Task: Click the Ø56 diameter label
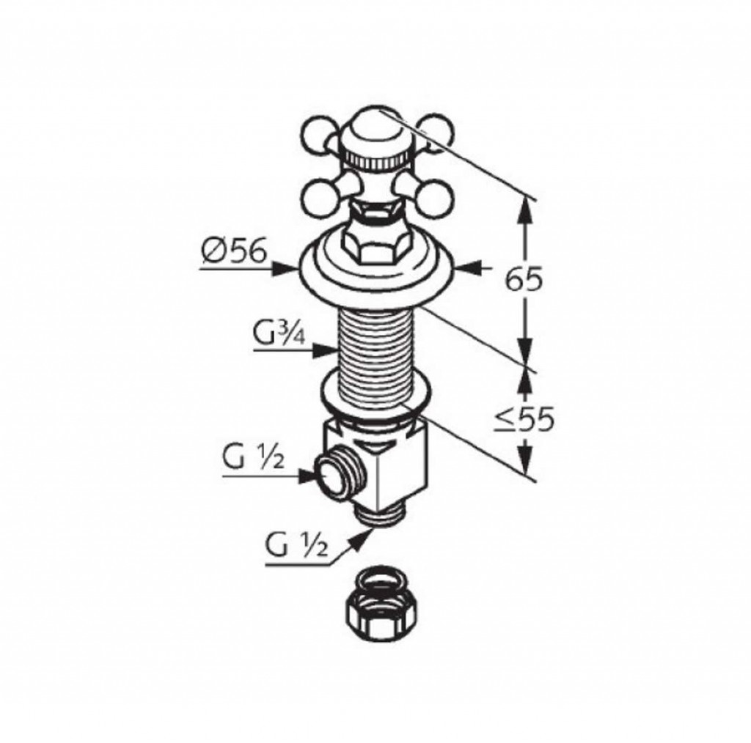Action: click(x=233, y=251)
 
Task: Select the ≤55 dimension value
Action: click(x=524, y=420)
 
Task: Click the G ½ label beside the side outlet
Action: click(x=254, y=459)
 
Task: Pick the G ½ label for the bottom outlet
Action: click(x=297, y=545)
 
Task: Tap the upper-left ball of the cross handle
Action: click(x=318, y=138)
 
